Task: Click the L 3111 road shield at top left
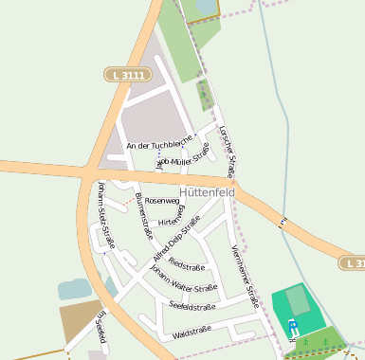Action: point(121,73)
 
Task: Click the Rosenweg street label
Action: point(161,201)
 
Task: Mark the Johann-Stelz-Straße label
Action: point(106,214)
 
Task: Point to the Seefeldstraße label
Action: point(192,306)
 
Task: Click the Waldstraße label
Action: point(191,333)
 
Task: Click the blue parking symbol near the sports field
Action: point(292,325)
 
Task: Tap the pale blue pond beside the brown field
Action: point(74,288)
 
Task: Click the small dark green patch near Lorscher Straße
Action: point(204,95)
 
